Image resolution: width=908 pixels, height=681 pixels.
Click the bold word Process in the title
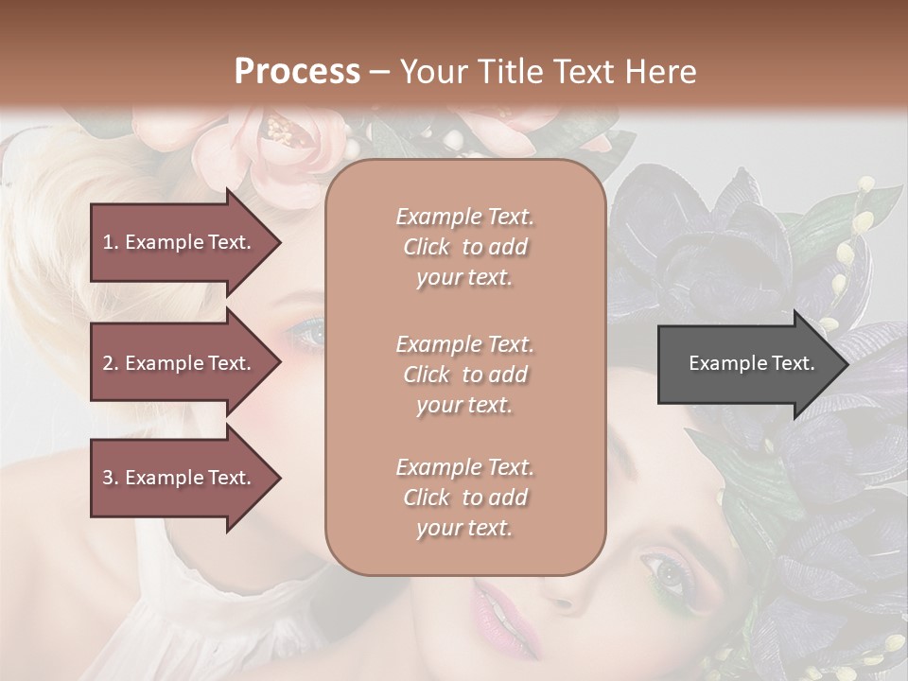tap(297, 72)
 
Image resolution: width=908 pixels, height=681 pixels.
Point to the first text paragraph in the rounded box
tap(464, 247)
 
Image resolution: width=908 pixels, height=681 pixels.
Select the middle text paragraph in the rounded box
tap(464, 374)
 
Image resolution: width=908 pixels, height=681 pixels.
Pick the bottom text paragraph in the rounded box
tap(464, 498)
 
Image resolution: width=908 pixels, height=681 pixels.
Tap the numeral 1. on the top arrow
tap(111, 242)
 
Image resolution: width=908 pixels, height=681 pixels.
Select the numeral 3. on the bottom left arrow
tap(111, 478)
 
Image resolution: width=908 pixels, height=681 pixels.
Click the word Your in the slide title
tap(428, 72)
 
